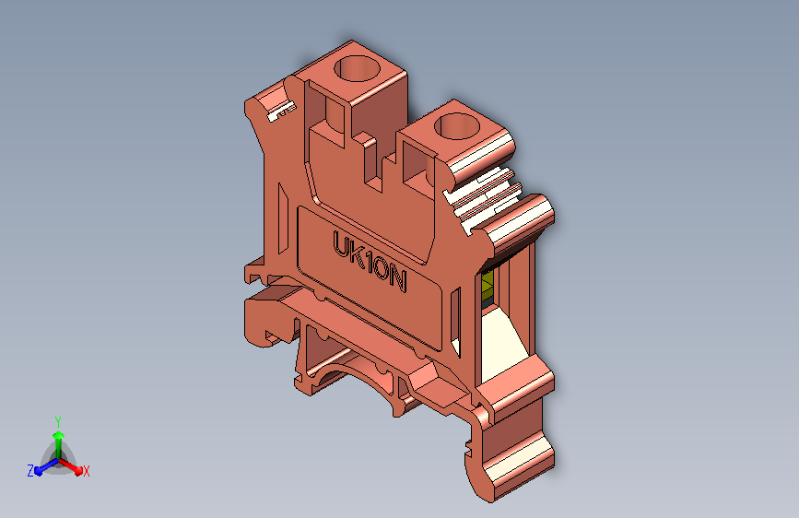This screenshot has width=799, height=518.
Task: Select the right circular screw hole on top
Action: pos(457,126)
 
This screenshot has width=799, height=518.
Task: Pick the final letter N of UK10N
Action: pos(398,279)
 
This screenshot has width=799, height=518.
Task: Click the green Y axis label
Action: pos(58,421)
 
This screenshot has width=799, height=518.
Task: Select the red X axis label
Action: pos(86,471)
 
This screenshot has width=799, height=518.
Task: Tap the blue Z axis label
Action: pos(30,471)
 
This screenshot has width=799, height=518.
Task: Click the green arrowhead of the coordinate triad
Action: pos(58,435)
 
